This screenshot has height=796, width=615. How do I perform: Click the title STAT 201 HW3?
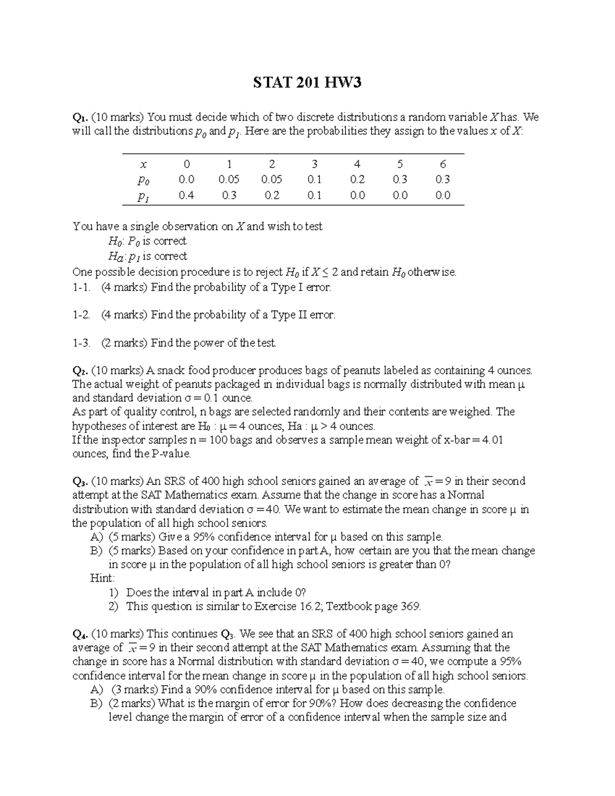click(307, 82)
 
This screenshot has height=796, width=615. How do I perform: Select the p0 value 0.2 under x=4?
click(357, 179)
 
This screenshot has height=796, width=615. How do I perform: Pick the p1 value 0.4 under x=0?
click(187, 195)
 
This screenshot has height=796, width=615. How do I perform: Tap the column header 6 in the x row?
click(443, 164)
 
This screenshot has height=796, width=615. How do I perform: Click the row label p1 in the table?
click(143, 196)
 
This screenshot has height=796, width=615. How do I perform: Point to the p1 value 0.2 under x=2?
click(272, 195)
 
